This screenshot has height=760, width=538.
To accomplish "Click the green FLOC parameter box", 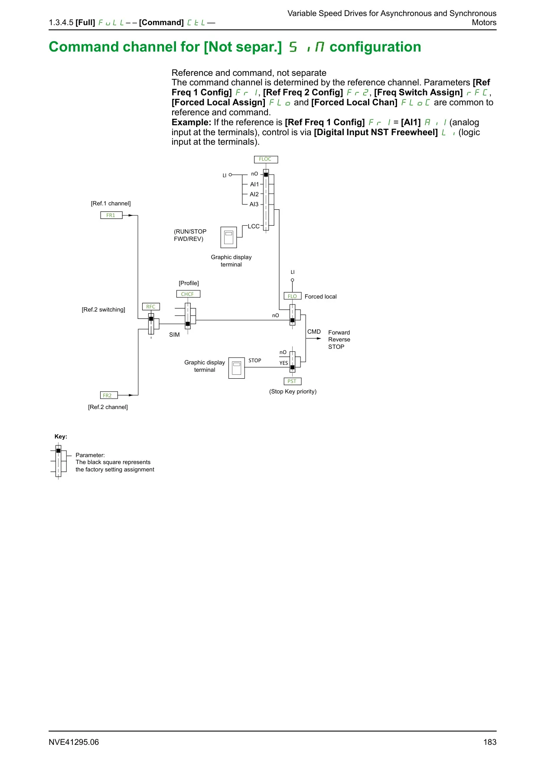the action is point(265,159).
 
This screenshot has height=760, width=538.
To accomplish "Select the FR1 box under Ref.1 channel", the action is point(111,215).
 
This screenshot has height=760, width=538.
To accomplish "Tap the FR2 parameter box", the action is point(109,395).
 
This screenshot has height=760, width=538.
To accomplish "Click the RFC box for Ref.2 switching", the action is point(151,307).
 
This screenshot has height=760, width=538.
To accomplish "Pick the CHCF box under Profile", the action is point(188,294).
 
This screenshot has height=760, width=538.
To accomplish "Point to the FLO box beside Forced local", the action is point(292,296).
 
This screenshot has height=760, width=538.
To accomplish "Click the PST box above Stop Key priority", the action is point(292,381).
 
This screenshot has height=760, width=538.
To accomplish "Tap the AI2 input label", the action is point(254,195).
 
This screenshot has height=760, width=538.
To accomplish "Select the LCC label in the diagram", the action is point(254,226).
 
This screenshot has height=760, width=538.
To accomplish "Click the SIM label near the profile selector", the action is point(174,335).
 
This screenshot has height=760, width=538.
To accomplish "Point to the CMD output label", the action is point(314,332).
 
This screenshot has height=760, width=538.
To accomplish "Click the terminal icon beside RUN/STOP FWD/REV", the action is point(229,237).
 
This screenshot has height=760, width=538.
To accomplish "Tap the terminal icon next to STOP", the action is point(237,368).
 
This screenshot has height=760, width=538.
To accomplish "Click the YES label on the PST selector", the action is point(284,363).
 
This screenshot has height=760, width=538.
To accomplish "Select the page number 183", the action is point(490,742).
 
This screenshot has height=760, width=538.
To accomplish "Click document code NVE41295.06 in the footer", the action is point(74,742).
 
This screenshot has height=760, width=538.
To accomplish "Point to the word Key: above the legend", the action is point(61,437).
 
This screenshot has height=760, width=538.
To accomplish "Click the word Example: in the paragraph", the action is point(191,123).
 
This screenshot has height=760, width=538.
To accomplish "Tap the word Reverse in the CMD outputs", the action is point(339,340).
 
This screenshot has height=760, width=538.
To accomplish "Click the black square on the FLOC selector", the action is point(266,175).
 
